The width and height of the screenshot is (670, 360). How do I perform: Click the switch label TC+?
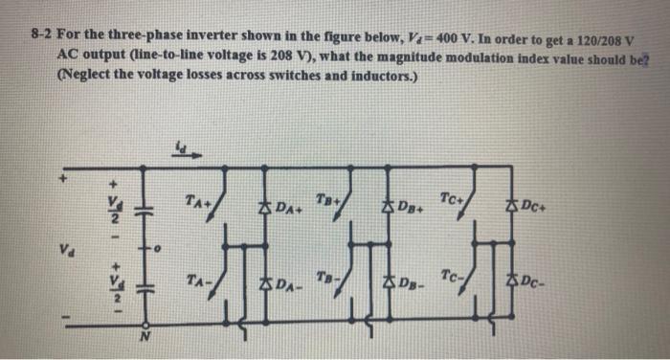452,196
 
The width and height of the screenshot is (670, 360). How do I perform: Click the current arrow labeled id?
181,147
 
